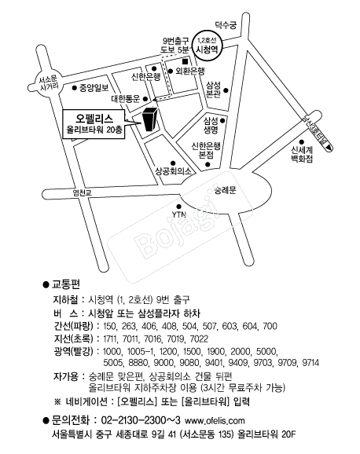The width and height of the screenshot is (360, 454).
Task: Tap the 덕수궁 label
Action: coord(226,25)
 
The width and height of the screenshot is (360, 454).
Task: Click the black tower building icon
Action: coord(150,119)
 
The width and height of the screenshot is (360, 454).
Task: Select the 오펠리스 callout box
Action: coord(94,124)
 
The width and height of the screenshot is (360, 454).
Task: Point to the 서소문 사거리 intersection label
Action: coord(49,82)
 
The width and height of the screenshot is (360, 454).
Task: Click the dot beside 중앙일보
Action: coord(74,87)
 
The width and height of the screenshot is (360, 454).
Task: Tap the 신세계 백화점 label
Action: coord(302,154)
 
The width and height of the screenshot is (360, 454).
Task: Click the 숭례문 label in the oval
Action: coord(226,190)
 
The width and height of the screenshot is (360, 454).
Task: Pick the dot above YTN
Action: coord(179,207)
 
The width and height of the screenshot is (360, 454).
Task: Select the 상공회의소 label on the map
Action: coord(174,171)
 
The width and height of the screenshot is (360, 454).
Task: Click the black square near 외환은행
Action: coord(185,62)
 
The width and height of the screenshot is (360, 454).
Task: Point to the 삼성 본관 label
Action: coord(213,90)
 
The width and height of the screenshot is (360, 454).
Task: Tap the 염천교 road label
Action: coord(83,192)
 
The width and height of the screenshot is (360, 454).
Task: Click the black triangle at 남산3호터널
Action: coord(329,148)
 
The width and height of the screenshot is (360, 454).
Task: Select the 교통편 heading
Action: coord(65,284)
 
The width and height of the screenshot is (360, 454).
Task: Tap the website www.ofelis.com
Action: coord(215,420)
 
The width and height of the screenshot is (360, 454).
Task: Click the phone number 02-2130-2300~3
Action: coord(141,420)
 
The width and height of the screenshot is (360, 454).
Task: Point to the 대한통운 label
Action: coord(126,99)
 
